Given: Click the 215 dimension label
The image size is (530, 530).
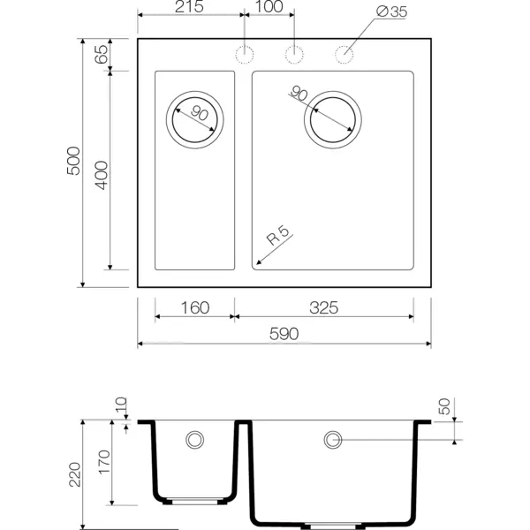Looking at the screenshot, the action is pyautogui.click(x=189, y=6).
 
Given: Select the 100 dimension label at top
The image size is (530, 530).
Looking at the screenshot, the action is pyautogui.click(x=269, y=6).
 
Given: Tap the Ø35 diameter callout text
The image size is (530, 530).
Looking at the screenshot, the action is pyautogui.click(x=391, y=11).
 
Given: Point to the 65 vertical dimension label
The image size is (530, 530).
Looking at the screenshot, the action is pyautogui.click(x=101, y=54).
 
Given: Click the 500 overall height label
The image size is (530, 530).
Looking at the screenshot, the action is pyautogui.click(x=73, y=161).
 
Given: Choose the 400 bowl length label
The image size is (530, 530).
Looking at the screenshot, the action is pyautogui.click(x=101, y=175).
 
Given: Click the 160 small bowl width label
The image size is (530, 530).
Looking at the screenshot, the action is pyautogui.click(x=195, y=307).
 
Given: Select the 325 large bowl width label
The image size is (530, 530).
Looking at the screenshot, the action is pyautogui.click(x=323, y=307).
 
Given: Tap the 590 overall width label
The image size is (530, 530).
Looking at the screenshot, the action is pyautogui.click(x=284, y=334).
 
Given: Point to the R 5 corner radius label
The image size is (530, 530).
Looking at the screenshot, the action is pyautogui.click(x=278, y=235).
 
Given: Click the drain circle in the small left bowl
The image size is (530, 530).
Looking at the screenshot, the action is pyautogui.click(x=194, y=119).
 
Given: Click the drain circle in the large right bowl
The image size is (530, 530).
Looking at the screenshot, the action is pyautogui.click(x=333, y=119).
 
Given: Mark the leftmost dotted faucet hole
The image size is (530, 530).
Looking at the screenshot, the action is pyautogui.click(x=245, y=55).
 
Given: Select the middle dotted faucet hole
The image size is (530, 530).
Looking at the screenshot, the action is pyautogui.click(x=294, y=55).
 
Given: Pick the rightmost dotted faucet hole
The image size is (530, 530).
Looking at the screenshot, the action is pyautogui.click(x=344, y=55).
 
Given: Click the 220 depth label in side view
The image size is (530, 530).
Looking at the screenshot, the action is pyautogui.click(x=75, y=474).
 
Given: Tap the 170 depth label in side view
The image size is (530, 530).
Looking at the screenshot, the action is pyautogui.click(x=104, y=462).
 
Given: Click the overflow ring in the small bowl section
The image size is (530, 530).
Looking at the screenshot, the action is pyautogui.click(x=194, y=440).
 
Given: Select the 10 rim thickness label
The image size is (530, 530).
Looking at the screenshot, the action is pyautogui.click(x=121, y=405).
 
